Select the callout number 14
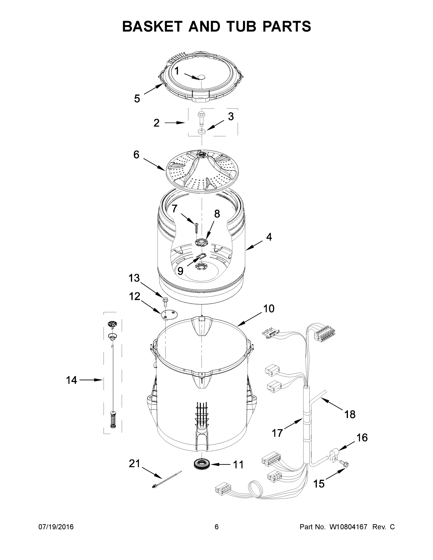click(x=71, y=380)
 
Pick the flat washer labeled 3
click(x=201, y=132)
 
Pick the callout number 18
click(x=350, y=414)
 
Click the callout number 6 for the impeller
click(x=136, y=155)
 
